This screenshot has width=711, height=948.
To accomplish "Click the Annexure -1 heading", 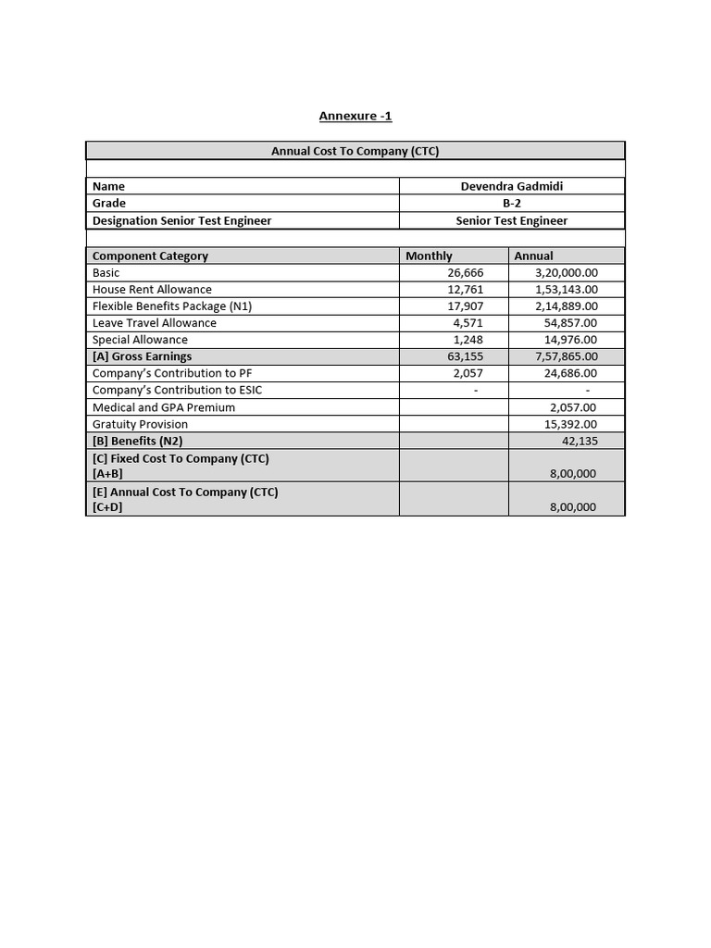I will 355,116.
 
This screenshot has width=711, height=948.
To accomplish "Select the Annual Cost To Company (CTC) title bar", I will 355,151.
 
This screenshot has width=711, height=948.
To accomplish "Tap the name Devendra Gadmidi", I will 511,186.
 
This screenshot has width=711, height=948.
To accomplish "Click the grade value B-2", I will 511,203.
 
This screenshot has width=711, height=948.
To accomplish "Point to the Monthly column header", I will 430,256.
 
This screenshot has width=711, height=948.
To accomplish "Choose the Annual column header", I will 534,256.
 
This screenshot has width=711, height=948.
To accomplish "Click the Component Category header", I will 150,256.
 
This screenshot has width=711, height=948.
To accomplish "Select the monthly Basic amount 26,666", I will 465,272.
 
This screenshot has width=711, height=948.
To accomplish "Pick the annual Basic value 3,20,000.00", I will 566,272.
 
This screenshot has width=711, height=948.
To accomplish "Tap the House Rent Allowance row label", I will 152,289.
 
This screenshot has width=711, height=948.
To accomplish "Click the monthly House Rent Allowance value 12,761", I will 465,289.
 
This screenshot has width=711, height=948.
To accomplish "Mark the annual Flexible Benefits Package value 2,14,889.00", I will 566,306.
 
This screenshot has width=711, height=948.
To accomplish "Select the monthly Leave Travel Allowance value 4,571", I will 468,322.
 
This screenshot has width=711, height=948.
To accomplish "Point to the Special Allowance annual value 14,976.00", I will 570,340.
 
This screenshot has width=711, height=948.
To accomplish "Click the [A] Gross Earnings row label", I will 142,356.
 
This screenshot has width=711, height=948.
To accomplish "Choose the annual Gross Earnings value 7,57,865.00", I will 566,356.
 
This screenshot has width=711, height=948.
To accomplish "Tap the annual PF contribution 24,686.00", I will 570,373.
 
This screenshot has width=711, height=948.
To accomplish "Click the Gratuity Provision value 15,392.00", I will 570,424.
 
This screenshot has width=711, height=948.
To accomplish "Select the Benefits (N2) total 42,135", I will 580,441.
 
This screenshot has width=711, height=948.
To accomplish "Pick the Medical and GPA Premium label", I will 164,407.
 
